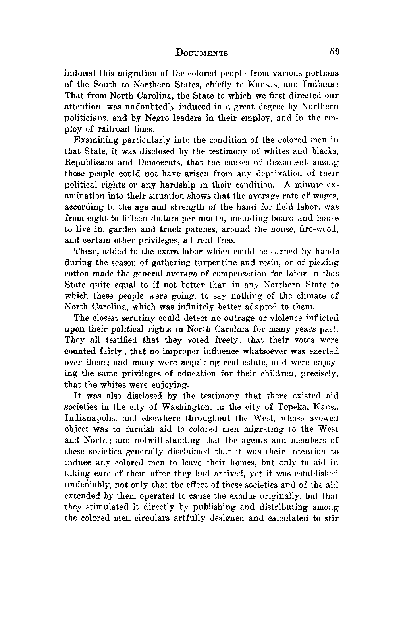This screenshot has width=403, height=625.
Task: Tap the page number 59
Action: [x=334, y=52]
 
